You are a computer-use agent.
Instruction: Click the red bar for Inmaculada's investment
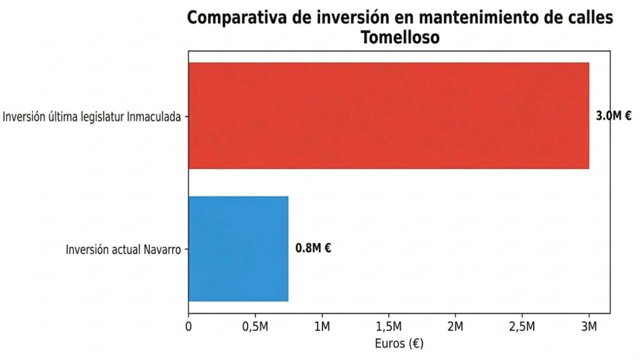tap(388, 115)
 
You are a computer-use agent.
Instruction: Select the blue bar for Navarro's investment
tap(238, 248)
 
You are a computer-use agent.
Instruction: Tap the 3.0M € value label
tap(613, 116)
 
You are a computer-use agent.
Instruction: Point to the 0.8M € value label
tap(313, 248)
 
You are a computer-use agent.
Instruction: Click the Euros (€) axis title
tap(399, 344)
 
